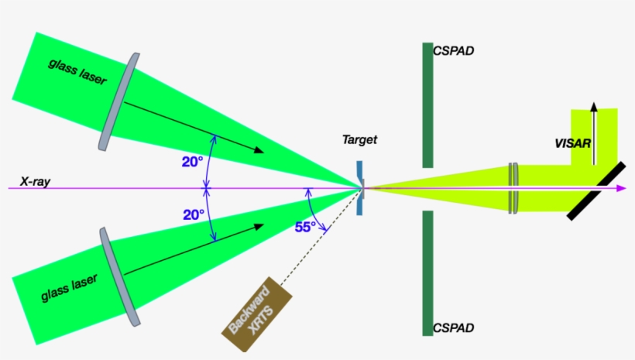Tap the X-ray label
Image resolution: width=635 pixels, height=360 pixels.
click(35, 180)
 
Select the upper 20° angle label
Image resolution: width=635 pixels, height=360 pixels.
click(193, 161)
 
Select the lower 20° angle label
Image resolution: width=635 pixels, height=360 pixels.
click(194, 214)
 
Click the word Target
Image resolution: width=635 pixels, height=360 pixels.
click(360, 140)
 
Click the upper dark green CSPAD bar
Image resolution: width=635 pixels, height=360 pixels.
click(427, 105)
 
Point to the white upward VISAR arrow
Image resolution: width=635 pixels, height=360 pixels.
click(594, 132)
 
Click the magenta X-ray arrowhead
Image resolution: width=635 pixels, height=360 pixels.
click(621, 188)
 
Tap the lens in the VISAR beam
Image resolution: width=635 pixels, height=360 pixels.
click(513, 188)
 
